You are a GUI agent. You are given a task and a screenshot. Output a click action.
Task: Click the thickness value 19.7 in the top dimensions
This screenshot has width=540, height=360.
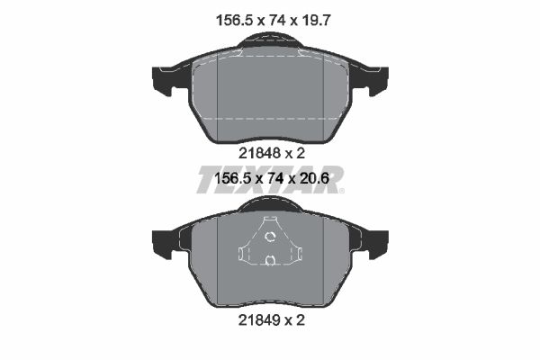point(316,21)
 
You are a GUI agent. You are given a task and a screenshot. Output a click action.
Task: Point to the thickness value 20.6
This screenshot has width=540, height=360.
point(315,178)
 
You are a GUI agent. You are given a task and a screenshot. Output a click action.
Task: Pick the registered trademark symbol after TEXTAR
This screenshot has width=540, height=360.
point(341,190)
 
